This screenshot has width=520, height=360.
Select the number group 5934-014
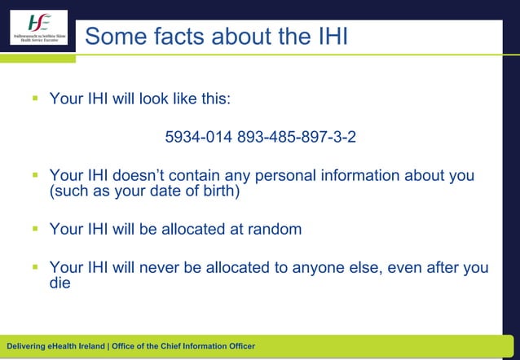click(198, 137)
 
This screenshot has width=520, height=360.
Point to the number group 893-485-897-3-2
click(297, 137)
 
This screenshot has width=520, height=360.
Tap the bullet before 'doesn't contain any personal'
click(36, 176)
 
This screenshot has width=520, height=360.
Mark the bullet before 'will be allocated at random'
click(36, 230)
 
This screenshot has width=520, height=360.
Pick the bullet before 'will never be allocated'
click(36, 267)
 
